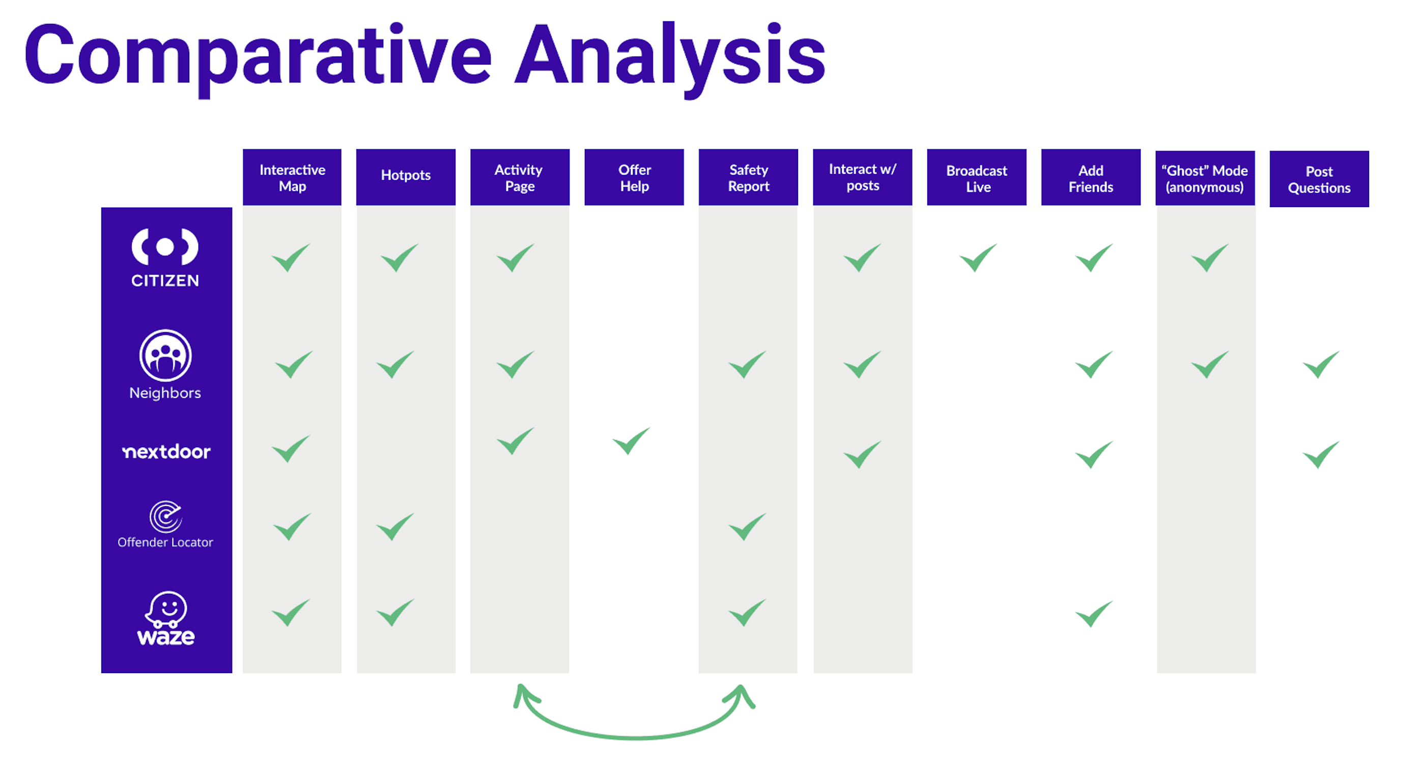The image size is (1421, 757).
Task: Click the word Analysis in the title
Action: pos(670,55)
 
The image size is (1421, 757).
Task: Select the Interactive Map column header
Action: pos(292,177)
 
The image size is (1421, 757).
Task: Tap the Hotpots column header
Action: pos(406,176)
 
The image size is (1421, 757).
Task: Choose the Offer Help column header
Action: pos(634,177)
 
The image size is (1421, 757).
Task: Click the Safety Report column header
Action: pos(748,177)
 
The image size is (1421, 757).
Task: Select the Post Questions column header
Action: pos(1319,179)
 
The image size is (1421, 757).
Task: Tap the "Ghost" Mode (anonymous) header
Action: pos(1205,178)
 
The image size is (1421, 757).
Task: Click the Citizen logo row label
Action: pos(165,257)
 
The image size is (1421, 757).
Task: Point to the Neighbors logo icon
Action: pos(165,355)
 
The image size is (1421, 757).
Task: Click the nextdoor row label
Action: pos(166,452)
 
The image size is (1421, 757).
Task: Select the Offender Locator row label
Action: pos(165,525)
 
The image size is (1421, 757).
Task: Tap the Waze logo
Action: pos(165,618)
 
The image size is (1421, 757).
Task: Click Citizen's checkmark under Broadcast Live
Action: pos(978,257)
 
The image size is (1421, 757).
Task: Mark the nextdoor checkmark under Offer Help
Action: pos(631,441)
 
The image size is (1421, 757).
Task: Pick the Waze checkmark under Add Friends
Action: pos(1093,614)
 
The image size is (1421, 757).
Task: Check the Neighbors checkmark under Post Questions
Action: pos(1320,364)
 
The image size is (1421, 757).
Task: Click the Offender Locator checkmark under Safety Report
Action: pos(747,527)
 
